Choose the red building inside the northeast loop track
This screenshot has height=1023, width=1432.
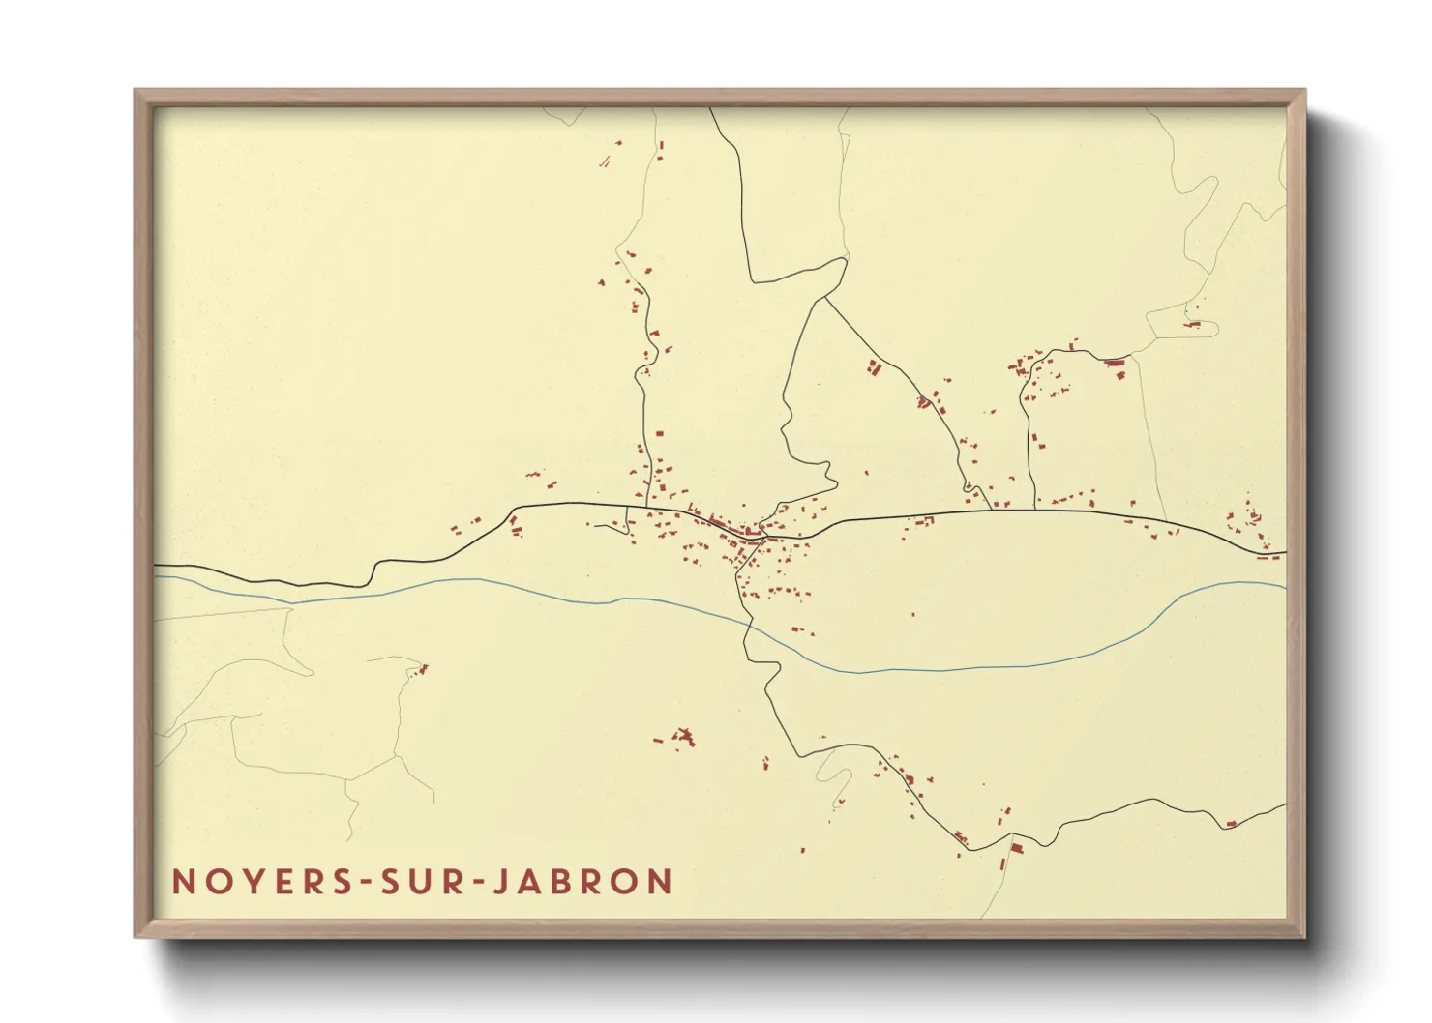(x=1194, y=325)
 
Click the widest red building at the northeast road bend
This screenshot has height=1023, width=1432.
(x=1115, y=363)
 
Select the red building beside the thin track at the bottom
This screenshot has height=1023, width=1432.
(x=1016, y=848)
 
